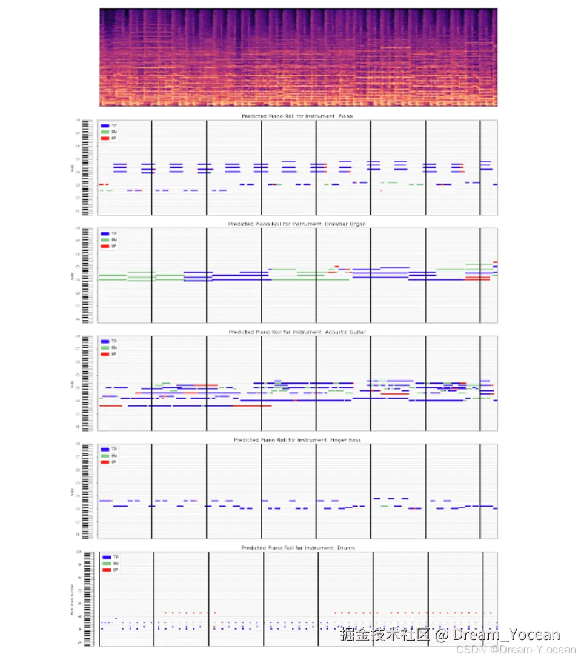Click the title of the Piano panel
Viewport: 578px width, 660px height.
click(x=297, y=116)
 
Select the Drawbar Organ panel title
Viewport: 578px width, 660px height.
click(x=297, y=224)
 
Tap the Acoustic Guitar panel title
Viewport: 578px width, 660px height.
click(x=297, y=332)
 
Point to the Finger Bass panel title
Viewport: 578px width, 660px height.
click(x=297, y=439)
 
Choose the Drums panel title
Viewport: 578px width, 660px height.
click(x=297, y=548)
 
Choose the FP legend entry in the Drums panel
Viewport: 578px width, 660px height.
click(x=110, y=570)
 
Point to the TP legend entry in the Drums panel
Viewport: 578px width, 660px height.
click(x=110, y=557)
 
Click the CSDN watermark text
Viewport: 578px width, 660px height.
click(x=515, y=650)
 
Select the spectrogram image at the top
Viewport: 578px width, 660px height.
click(x=298, y=58)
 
